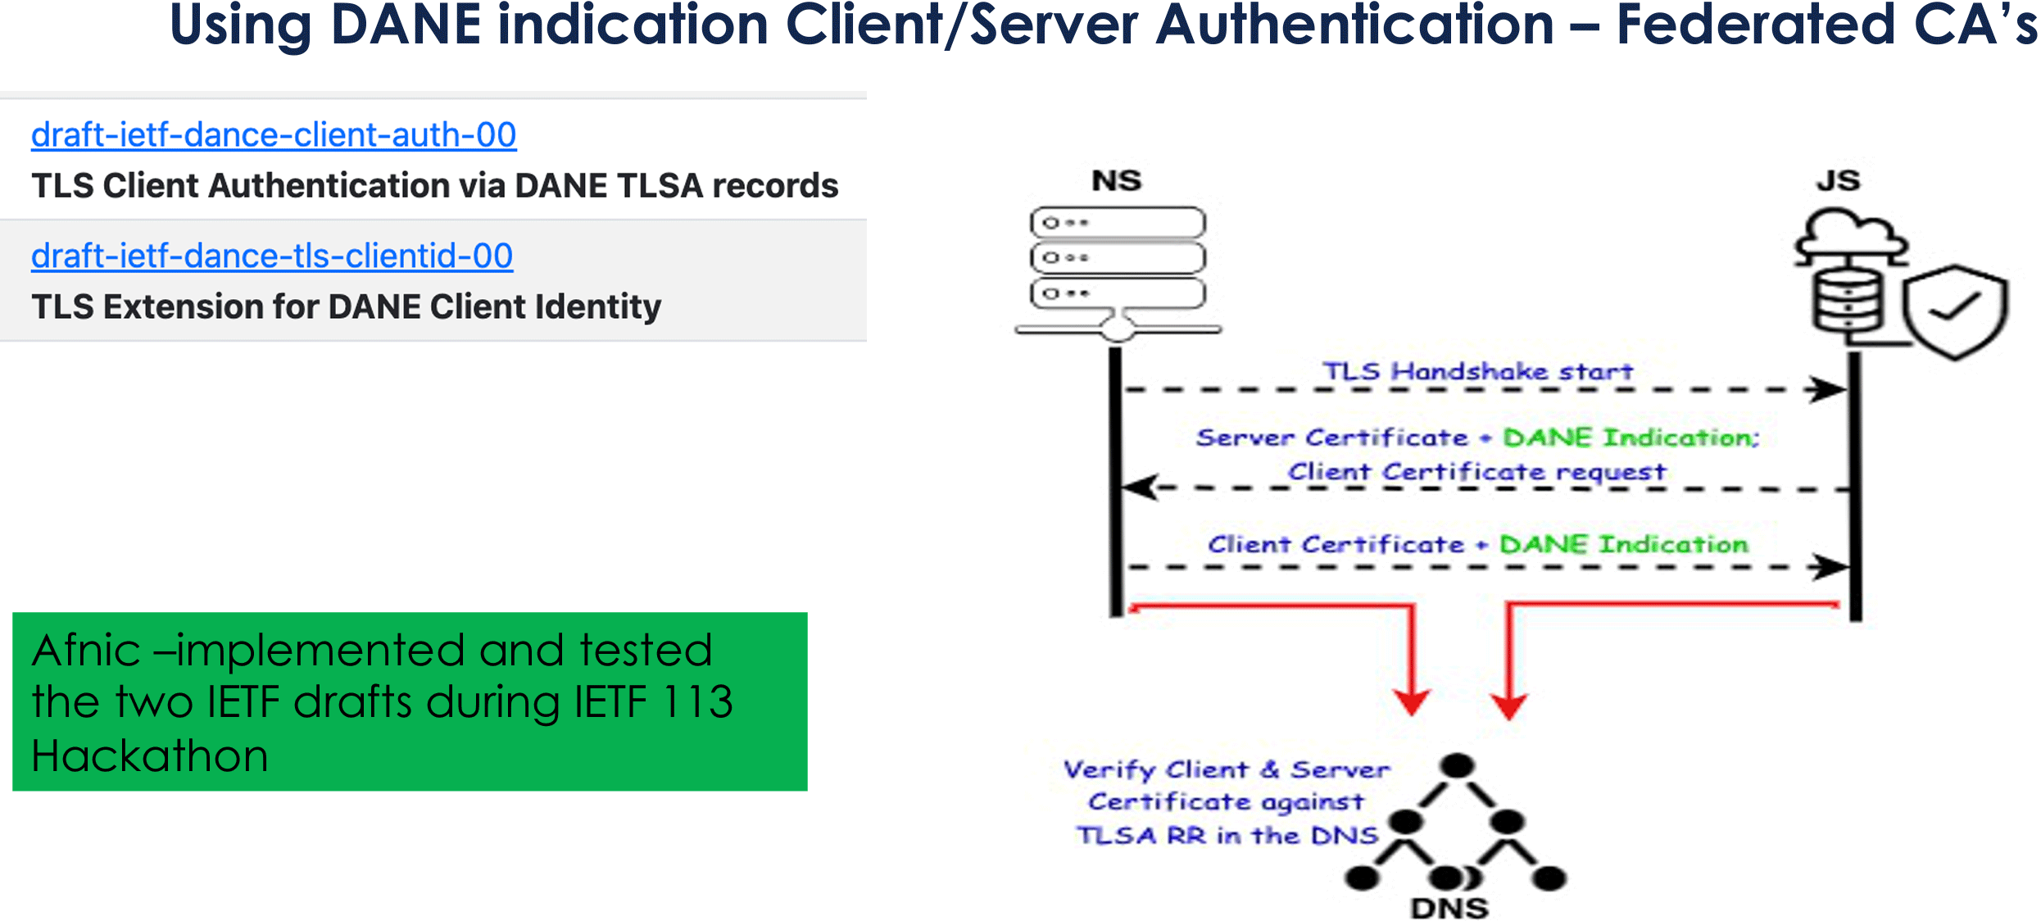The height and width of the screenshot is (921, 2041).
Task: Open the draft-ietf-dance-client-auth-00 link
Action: (274, 135)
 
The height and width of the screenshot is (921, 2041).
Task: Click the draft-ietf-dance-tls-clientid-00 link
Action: (272, 256)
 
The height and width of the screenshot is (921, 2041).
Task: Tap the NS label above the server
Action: (1116, 181)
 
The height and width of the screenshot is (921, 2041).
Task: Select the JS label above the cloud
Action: (1839, 180)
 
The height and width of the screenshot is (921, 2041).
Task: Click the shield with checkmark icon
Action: (1955, 311)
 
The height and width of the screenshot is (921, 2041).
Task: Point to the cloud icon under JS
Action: (1852, 238)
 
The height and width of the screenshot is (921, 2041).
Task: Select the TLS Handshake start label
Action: (1477, 371)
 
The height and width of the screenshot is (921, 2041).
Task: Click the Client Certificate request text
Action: (1476, 472)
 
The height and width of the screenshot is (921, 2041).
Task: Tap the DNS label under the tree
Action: (1449, 908)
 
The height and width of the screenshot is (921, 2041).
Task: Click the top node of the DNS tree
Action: (1458, 766)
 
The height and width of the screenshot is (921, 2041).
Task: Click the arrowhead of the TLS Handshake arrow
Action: (1829, 389)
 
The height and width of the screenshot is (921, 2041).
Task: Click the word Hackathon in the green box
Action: (150, 755)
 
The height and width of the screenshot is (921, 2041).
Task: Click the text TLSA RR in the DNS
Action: (1227, 836)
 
